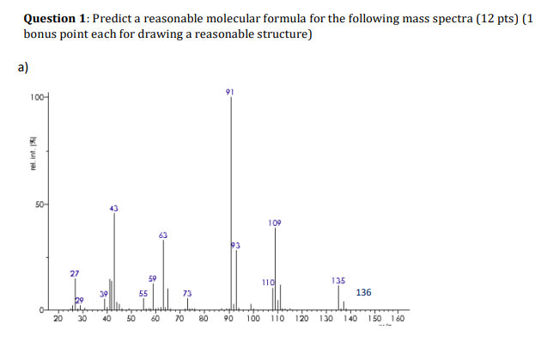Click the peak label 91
click(229, 91)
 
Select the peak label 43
click(114, 208)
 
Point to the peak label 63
click(163, 235)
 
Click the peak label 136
click(363, 293)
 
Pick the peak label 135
click(338, 280)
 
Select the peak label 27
click(75, 273)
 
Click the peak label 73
click(187, 293)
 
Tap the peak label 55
click(143, 293)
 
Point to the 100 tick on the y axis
click(37, 98)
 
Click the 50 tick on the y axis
click(40, 204)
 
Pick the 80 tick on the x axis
click(204, 319)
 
